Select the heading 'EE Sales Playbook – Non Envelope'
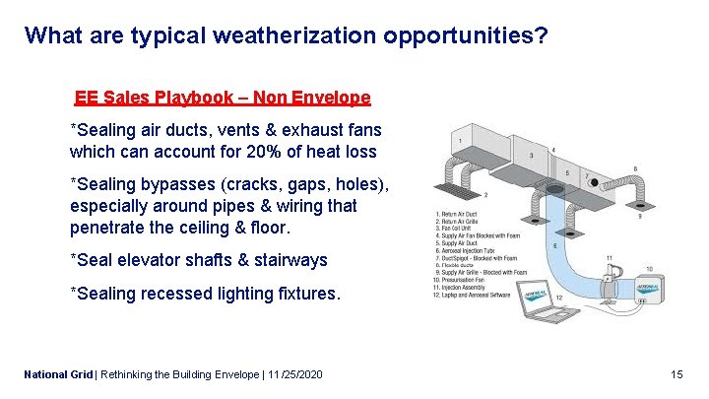[223, 98]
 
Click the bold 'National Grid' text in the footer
[57, 375]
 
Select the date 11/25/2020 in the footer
[290, 375]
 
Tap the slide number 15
[676, 375]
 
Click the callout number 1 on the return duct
[459, 142]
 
